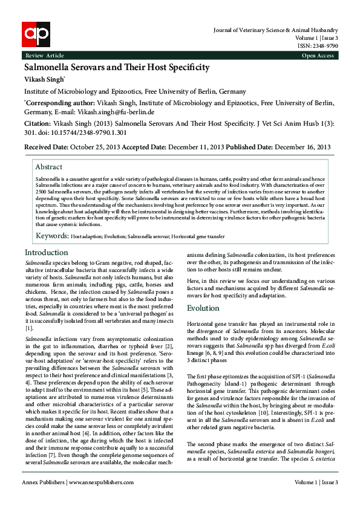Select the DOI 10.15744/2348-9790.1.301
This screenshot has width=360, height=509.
(69, 132)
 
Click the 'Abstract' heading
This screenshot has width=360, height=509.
(48, 167)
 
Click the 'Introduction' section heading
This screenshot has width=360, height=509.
(46, 253)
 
